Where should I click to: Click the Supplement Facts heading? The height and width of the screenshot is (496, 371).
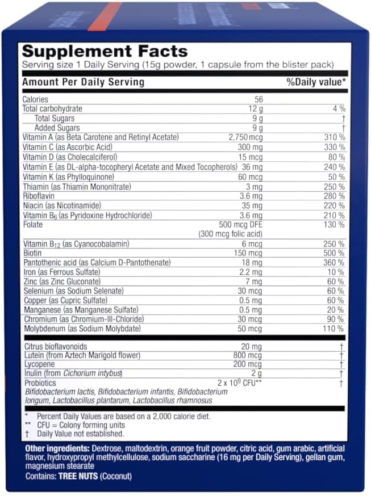coord(105,52)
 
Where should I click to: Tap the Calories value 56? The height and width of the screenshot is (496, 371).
coord(255,99)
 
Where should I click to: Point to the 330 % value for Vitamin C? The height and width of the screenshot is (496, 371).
coord(334,147)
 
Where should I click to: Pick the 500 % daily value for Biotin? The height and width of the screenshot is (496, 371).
coord(334,253)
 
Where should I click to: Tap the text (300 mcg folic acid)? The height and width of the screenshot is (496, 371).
coord(230,234)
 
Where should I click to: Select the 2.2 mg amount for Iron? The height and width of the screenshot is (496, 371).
coord(252,272)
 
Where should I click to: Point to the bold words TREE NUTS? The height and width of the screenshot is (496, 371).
coord(77,477)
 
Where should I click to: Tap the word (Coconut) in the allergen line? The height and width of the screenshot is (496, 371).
coord(116,477)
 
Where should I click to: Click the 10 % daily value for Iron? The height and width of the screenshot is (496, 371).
coord(336,272)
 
